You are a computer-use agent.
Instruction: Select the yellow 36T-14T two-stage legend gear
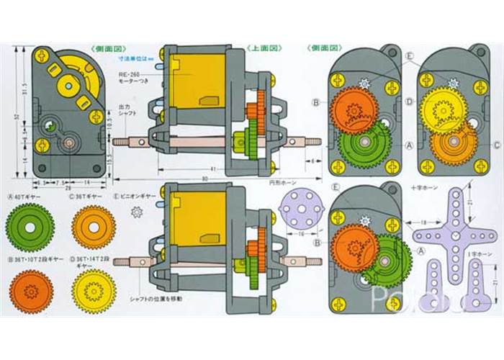pos(94,291)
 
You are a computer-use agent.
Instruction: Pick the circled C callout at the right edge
pos(497,143)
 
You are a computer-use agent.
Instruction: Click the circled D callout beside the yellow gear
pos(409,102)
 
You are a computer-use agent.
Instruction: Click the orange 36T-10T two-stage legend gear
pos(31,291)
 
